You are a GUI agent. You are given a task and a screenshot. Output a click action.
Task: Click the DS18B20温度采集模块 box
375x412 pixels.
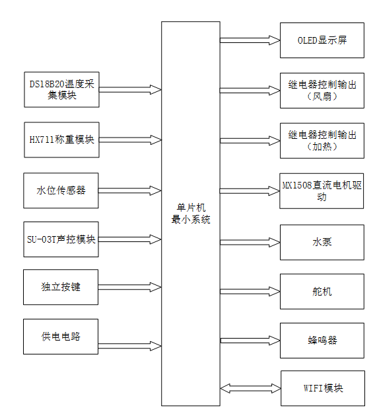coord(61,89)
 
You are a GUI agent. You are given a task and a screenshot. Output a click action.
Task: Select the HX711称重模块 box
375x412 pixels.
coord(61,140)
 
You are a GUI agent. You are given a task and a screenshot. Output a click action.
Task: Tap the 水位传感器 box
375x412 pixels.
coord(61,190)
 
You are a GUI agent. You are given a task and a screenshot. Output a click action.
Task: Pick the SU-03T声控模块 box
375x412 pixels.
coord(61,239)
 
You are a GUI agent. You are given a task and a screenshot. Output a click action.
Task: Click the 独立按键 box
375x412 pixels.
coord(61,287)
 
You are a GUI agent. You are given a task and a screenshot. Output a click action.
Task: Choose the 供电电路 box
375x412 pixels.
coord(61,336)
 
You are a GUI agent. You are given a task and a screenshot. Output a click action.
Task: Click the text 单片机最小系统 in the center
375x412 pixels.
coord(191,214)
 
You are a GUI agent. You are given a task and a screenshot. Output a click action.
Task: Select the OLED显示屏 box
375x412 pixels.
coord(322,40)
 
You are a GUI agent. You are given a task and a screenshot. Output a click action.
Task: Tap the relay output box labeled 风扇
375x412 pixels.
coord(322,90)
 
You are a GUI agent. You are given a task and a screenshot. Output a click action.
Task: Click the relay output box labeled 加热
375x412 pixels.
coord(322,140)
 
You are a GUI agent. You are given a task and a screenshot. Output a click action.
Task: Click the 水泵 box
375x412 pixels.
coord(322,242)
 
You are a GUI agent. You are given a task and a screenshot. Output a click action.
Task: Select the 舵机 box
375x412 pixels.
coord(322,291)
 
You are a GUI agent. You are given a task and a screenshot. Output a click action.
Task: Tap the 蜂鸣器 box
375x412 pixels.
coord(322,340)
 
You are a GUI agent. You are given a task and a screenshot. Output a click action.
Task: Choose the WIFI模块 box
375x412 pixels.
coord(322,388)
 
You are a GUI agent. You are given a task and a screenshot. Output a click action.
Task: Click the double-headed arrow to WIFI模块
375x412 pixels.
coord(250,388)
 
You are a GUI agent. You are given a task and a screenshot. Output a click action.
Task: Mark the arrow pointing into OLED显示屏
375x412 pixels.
coord(250,40)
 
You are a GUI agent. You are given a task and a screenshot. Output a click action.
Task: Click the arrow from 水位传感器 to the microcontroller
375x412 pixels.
coord(129,190)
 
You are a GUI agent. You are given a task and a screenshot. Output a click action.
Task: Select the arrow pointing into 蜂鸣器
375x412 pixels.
coord(250,340)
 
